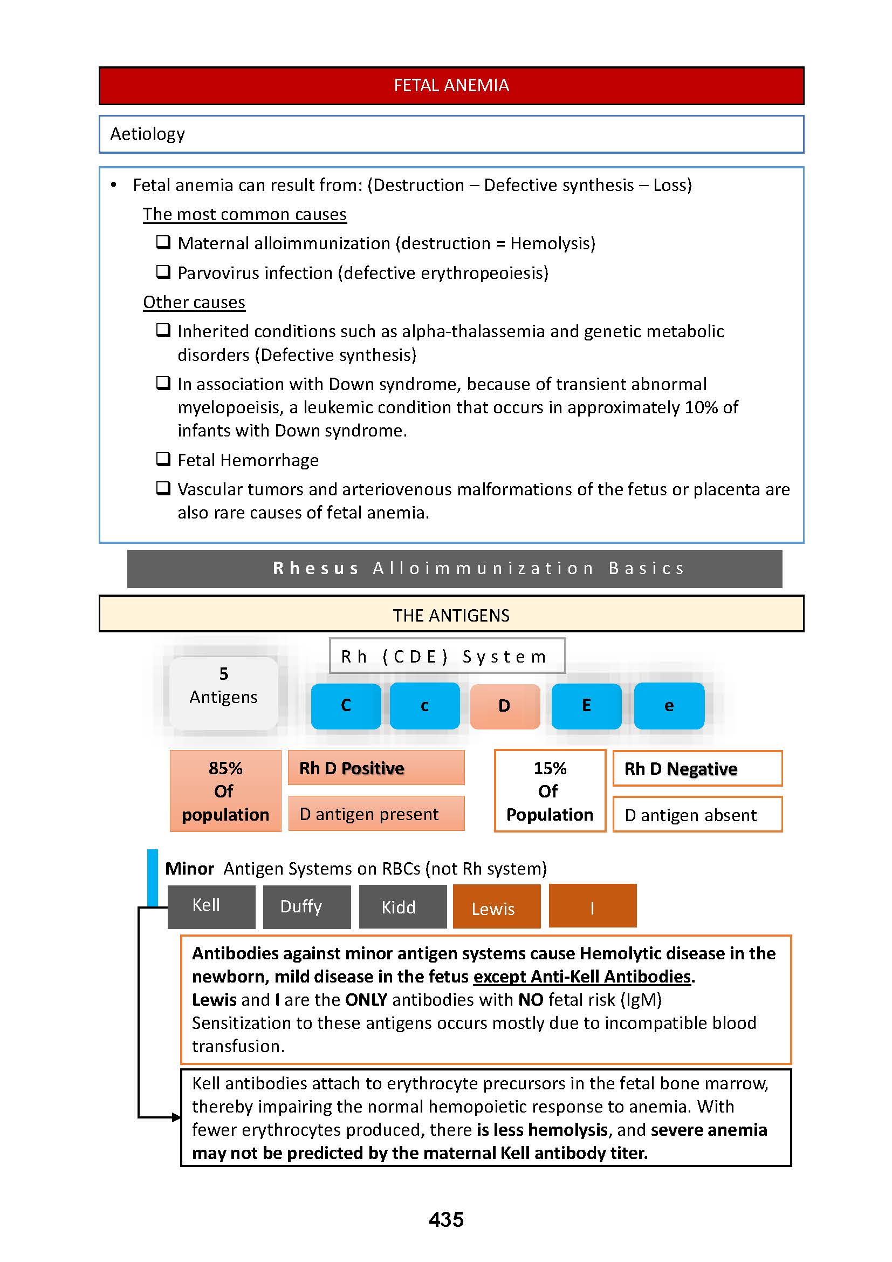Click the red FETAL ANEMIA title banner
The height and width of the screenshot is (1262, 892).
pos(451,86)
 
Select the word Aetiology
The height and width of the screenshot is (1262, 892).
pos(147,134)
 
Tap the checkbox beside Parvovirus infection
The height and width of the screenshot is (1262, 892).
pos(163,271)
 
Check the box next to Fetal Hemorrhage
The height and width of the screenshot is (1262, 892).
pos(163,459)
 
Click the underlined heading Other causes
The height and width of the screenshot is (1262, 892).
pos(194,302)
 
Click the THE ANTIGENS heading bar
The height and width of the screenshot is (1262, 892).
pos(451,615)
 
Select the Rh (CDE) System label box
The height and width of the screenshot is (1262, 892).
pos(447,656)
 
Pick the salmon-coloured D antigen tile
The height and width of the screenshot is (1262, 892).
pos(505,706)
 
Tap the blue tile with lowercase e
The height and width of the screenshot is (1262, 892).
pos(668,706)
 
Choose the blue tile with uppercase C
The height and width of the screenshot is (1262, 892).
pos(346,706)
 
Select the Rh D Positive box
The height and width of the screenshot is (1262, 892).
pos(376,768)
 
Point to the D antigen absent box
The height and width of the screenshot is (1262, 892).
pos(697,815)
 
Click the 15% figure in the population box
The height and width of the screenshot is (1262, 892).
pos(550,768)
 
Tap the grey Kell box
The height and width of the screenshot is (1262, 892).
pos(211,906)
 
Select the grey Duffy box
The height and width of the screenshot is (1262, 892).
pos(306,907)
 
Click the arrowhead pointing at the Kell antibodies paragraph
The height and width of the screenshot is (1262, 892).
pos(176,1117)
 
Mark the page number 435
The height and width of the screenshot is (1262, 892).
pos(446,1220)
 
